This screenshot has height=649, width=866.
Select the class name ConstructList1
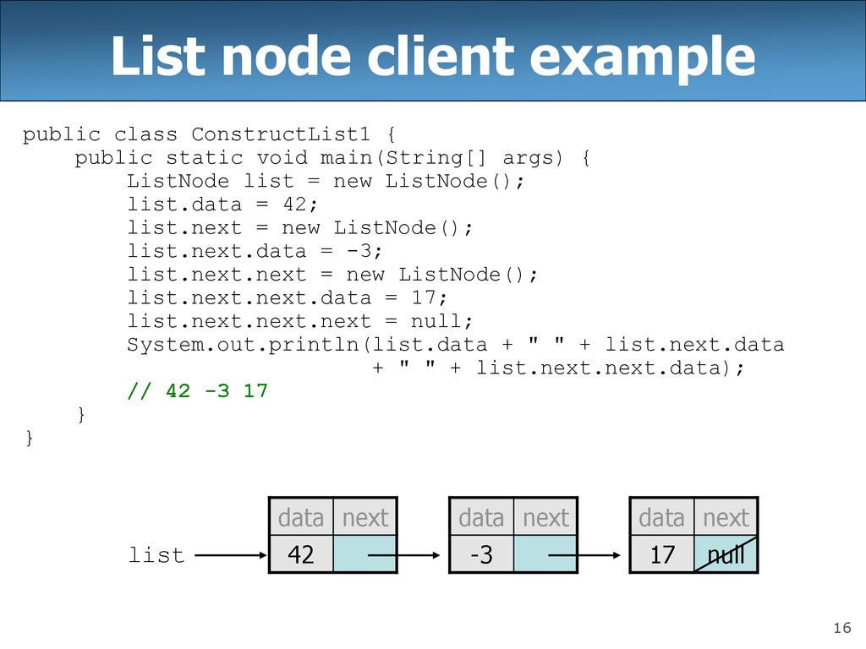[x=281, y=134]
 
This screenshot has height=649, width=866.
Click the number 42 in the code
[x=293, y=205]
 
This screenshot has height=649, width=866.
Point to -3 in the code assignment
[x=359, y=251]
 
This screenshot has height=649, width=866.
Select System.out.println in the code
[x=243, y=345]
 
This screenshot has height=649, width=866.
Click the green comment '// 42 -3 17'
[x=197, y=390]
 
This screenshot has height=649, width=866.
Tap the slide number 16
[x=842, y=628]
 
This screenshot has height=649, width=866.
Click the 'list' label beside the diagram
[x=156, y=554]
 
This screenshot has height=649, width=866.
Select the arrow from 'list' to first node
[x=231, y=555]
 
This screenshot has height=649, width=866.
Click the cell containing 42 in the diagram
[x=301, y=554]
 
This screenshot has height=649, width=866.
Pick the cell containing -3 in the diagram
[x=481, y=554]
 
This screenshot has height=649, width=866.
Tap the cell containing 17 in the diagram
[x=662, y=554]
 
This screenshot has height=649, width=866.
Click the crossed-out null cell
[x=726, y=554]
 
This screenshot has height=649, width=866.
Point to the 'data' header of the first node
[x=301, y=518]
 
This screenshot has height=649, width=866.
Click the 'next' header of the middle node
[x=545, y=518]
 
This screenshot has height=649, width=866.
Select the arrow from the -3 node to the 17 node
[x=584, y=555]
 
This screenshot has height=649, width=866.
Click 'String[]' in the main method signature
[x=436, y=158]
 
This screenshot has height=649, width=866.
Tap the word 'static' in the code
[x=205, y=158]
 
